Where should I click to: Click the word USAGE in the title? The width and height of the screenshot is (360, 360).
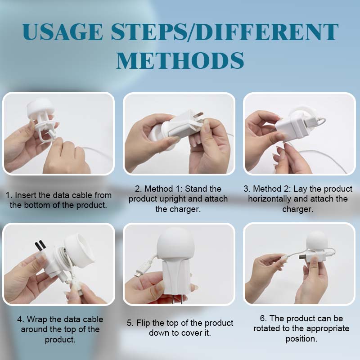(x=63, y=31)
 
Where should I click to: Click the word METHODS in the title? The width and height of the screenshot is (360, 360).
(x=180, y=60)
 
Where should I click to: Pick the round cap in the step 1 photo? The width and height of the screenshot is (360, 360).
(x=40, y=107)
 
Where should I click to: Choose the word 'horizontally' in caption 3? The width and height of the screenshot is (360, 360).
(x=269, y=199)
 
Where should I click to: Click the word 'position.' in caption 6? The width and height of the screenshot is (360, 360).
(x=301, y=339)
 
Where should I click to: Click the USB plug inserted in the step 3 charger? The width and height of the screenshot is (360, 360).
(x=312, y=121)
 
